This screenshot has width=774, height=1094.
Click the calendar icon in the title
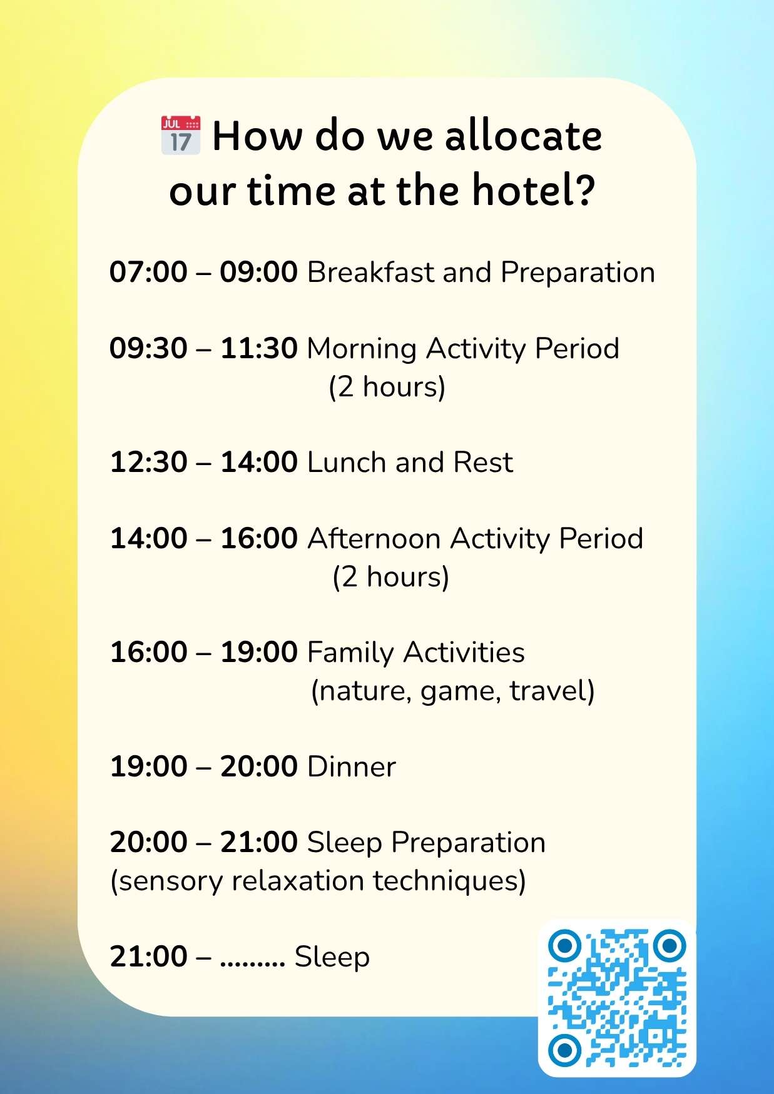tap(180, 134)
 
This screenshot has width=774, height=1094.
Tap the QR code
tap(617, 998)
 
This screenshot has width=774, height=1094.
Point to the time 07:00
tap(148, 273)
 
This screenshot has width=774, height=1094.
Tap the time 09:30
tap(148, 348)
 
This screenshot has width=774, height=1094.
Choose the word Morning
tap(362, 349)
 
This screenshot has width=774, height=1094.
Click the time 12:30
tap(148, 463)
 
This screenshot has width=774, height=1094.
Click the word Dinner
tap(352, 767)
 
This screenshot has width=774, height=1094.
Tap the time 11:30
tap(258, 348)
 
